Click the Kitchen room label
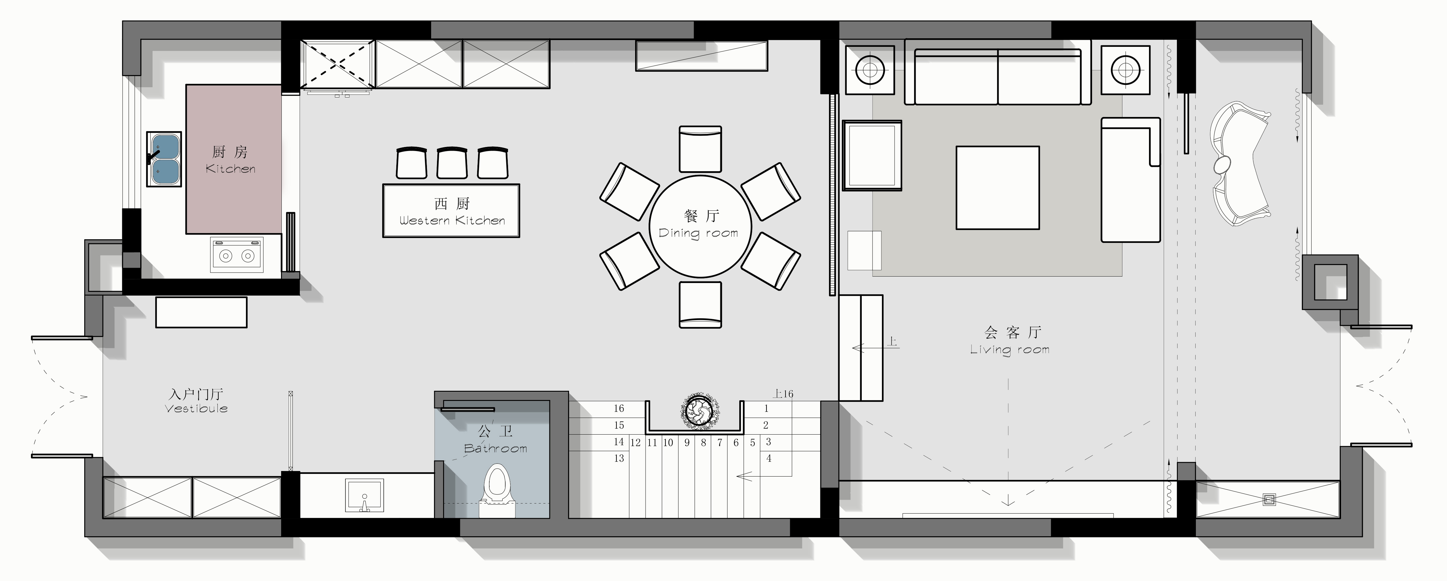tap(230, 160)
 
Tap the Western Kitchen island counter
tap(451, 211)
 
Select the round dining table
tap(700, 226)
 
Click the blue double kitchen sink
tap(164, 159)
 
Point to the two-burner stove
tap(236, 255)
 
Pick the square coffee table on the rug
tap(998, 188)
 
